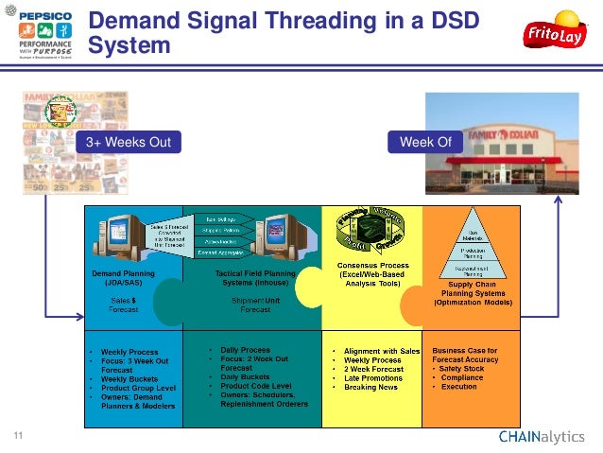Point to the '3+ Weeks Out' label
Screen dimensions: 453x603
[129, 143]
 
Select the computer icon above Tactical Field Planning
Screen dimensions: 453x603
[283, 236]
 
